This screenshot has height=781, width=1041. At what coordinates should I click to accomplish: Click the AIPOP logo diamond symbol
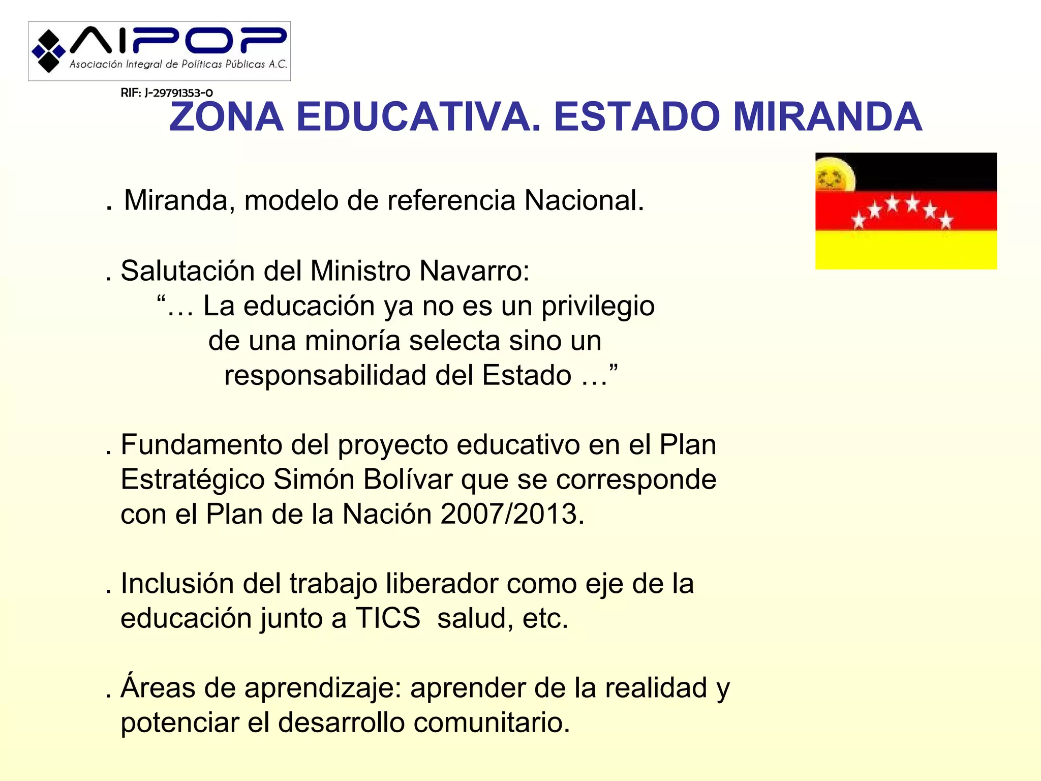[49, 51]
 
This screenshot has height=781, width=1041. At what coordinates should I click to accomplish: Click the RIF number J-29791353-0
[167, 93]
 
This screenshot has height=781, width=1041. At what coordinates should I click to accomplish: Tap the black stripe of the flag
[925, 171]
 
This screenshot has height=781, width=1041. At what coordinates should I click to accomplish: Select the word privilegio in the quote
[598, 307]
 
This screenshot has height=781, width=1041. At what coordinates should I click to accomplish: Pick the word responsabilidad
[325, 376]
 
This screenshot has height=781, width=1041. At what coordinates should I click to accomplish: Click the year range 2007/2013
[512, 514]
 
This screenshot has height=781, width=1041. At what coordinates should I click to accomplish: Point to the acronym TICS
[387, 618]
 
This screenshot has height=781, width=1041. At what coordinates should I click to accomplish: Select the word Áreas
[158, 687]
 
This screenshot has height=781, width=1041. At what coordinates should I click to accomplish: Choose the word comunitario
[492, 723]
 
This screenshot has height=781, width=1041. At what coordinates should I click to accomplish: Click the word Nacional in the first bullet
[584, 200]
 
